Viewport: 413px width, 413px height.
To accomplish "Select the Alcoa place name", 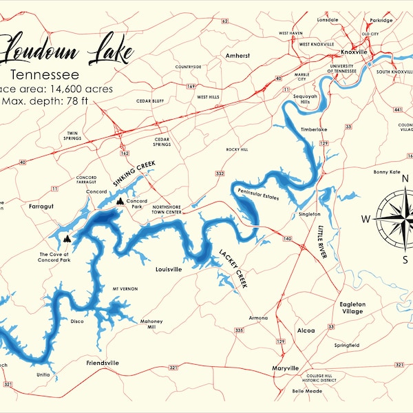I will click(305, 330).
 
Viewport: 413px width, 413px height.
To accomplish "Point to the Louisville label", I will click(169, 269).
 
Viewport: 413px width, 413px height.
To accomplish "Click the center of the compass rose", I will click(389, 218).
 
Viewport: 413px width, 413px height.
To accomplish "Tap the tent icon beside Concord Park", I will click(121, 202).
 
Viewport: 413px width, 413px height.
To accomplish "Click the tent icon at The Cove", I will click(67, 238).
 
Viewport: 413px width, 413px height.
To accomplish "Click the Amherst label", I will click(238, 55).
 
